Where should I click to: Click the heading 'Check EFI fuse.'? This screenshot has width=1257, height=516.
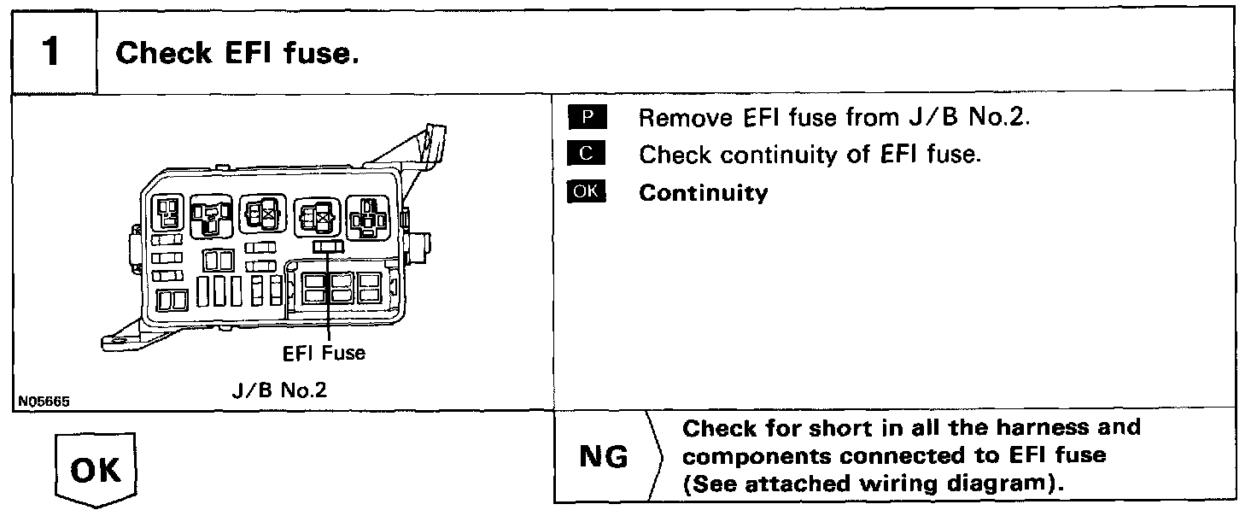coord(235,53)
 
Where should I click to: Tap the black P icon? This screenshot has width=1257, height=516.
coord(587,117)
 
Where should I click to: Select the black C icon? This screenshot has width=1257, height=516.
coord(587,155)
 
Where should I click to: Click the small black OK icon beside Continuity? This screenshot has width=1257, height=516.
coord(587,192)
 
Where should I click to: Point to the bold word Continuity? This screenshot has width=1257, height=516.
coord(704,193)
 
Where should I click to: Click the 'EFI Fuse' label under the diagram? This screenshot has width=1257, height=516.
coord(324,352)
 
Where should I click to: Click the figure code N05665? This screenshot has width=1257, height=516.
coord(43,399)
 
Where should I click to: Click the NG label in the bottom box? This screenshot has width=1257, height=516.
coord(604,457)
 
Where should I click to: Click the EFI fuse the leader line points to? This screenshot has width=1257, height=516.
coord(328,246)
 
